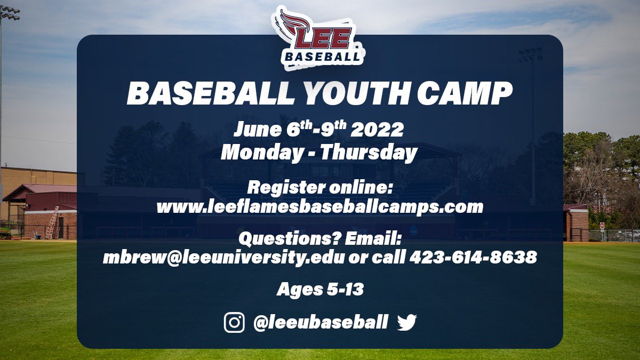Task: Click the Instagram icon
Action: (234, 323)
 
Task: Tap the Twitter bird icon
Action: (407, 322)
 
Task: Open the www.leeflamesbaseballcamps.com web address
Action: (319, 206)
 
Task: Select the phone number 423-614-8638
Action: (473, 258)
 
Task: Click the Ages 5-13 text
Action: (320, 290)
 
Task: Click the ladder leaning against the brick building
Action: (52, 223)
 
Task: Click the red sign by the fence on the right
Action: (602, 225)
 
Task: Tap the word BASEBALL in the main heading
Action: (210, 93)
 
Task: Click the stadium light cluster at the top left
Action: (10, 13)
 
